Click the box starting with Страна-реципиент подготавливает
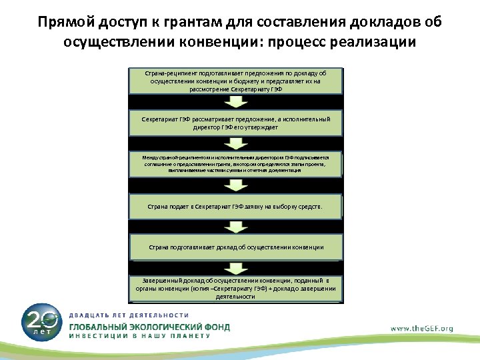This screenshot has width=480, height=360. tap(235, 81)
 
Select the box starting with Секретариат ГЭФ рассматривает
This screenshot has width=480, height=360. tap(235, 122)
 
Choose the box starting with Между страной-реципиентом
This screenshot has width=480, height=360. tap(235, 163)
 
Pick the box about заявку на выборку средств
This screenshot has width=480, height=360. tap(235, 207)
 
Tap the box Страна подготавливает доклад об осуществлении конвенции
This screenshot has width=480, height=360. tap(235, 247)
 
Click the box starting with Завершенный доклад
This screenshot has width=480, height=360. tap(235, 287)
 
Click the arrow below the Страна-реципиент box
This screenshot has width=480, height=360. tap(235, 101)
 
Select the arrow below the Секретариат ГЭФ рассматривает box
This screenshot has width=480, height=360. tap(235, 143)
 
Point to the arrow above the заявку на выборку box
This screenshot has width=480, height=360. tap(235, 185)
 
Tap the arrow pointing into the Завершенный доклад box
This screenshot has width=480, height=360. tap(235, 267)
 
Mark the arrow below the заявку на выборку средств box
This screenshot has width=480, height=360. tap(235, 227)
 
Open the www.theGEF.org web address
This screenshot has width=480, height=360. tap(421, 328)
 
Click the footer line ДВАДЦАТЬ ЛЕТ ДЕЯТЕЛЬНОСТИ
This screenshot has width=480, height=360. tap(129, 315)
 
